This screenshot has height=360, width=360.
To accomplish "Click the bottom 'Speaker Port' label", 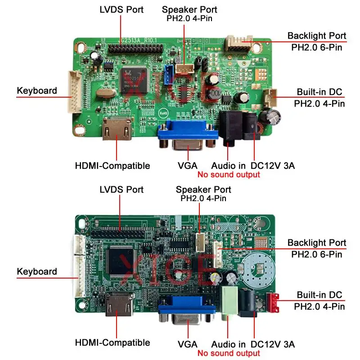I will pyautogui.click(x=203, y=189).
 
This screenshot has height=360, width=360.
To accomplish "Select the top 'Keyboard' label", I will pyautogui.click(x=37, y=90).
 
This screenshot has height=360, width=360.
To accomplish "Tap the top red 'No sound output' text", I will pyautogui.click(x=229, y=175).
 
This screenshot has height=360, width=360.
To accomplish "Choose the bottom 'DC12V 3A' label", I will pyautogui.click(x=273, y=344).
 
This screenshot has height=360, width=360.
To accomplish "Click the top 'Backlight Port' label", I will pyautogui.click(x=317, y=36).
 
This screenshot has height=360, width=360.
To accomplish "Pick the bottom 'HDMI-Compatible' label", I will pyautogui.click(x=112, y=342).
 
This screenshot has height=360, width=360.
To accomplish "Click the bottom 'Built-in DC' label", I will pyautogui.click(x=319, y=295).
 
